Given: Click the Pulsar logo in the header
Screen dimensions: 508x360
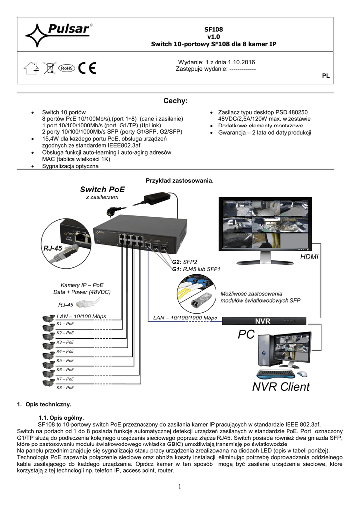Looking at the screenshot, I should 58,34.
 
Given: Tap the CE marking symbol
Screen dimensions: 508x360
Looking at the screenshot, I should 89,68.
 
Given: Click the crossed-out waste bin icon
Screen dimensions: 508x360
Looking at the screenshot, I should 49,68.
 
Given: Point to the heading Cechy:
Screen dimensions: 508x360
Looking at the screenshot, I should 175,101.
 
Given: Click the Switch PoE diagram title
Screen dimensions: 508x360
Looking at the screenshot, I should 102,189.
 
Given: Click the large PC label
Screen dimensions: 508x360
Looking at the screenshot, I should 246,335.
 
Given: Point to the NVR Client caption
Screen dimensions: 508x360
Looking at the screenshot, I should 281,386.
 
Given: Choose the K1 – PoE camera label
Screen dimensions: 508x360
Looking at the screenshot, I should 65,324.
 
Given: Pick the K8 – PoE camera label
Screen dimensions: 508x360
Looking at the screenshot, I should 65,387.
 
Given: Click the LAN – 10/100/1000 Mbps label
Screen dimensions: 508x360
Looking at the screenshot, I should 185,317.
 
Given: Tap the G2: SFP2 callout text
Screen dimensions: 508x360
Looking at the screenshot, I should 184,262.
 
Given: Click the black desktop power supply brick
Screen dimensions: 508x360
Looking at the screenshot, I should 158,199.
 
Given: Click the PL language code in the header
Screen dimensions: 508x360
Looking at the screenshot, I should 326,76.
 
